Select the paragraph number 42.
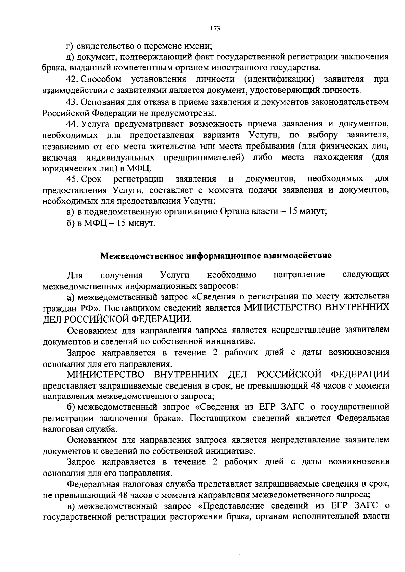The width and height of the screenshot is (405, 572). tap(72, 79)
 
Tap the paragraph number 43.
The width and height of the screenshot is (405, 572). tap(72, 102)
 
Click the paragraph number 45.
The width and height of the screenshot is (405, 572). tap(72, 179)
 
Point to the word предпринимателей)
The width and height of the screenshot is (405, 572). tap(204, 158)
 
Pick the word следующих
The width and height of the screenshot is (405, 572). tap(366, 275)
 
